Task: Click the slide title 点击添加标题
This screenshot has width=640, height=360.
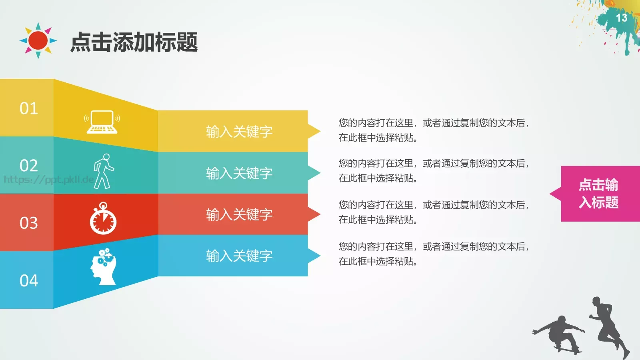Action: tap(134, 42)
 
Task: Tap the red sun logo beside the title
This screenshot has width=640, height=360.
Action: tap(38, 40)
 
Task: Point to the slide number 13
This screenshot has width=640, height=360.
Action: tap(621, 18)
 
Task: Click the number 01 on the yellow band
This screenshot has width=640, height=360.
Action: tap(29, 108)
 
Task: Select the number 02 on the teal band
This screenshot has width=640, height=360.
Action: tap(29, 166)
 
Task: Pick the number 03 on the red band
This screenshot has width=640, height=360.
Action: tap(29, 223)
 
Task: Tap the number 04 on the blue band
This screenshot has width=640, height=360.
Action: tap(29, 280)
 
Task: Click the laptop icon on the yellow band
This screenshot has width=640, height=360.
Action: tap(102, 122)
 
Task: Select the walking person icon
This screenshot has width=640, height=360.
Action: tap(104, 171)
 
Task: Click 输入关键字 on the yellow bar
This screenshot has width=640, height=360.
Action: tap(239, 132)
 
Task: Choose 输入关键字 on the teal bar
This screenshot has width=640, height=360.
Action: tap(239, 173)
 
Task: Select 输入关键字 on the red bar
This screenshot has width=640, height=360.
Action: tap(239, 215)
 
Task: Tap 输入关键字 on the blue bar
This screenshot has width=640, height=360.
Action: tap(239, 256)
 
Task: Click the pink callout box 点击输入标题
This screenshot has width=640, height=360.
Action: tap(599, 194)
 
